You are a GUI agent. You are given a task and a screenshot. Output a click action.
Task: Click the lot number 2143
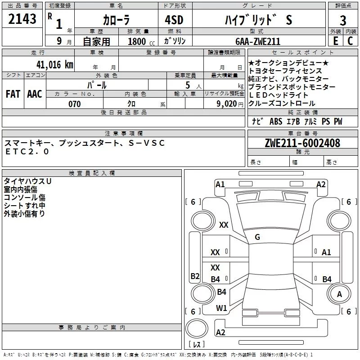22,19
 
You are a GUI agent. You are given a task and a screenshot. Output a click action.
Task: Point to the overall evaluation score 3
343,21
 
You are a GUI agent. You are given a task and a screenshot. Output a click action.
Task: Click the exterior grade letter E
335,41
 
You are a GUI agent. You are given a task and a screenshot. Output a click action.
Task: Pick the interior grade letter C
350,41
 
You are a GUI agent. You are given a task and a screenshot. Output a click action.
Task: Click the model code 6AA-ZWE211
257,41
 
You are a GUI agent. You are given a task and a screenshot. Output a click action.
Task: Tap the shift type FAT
13,94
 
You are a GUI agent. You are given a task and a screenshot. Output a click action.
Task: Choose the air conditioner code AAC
35,94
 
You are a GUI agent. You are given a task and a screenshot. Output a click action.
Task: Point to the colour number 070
74,104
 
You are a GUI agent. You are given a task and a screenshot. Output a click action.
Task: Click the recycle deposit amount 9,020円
230,104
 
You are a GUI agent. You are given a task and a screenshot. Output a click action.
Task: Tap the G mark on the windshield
257,237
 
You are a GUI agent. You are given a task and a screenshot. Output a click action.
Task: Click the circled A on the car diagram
339,294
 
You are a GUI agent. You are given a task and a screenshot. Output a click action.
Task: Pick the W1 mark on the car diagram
221,308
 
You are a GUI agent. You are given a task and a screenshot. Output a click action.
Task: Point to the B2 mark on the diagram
195,276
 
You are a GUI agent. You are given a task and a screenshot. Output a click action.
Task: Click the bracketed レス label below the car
197,345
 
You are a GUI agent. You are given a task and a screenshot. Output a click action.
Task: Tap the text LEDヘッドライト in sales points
279,95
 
